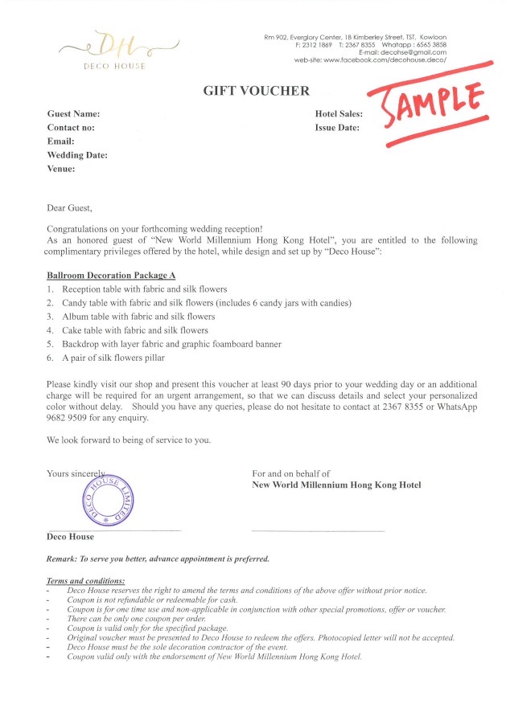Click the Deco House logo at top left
click(x=115, y=49)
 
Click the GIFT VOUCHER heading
click(x=256, y=91)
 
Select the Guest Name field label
click(x=73, y=114)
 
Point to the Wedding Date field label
click(x=77, y=155)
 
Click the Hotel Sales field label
click(x=339, y=114)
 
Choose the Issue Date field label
click(x=337, y=128)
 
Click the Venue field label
click(x=61, y=169)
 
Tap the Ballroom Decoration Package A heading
click(x=111, y=275)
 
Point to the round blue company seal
click(x=109, y=499)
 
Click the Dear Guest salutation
click(x=70, y=208)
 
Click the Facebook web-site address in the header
click(x=385, y=60)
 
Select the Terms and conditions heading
click(x=86, y=580)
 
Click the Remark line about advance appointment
click(x=158, y=558)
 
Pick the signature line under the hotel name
click(x=318, y=530)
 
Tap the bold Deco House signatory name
click(x=70, y=537)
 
